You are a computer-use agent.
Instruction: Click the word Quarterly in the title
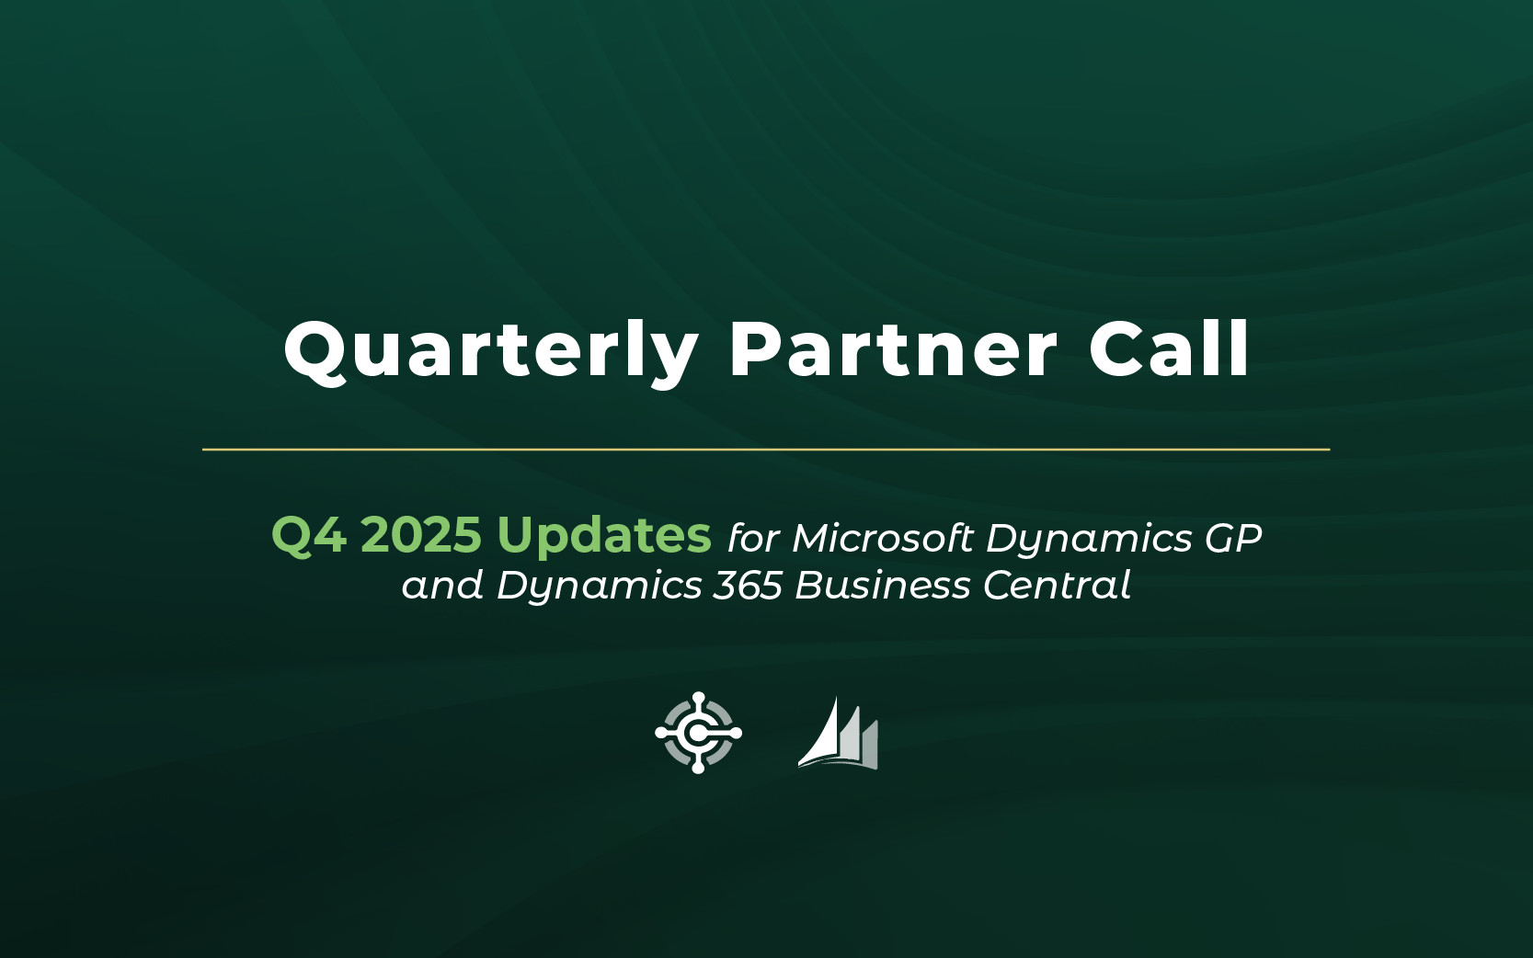[491, 352]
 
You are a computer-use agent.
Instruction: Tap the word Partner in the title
[894, 349]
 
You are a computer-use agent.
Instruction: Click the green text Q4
[309, 535]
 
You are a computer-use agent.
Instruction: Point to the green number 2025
[421, 534]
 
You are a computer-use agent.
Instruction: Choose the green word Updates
[604, 537]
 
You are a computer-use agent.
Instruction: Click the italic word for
[753, 538]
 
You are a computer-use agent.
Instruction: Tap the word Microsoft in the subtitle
[883, 538]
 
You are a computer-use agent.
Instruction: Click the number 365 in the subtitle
[748, 586]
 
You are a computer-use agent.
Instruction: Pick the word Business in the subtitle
[883, 586]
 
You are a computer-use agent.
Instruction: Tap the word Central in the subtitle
[1057, 586]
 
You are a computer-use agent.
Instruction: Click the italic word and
[442, 586]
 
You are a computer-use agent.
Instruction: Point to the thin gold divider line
[766, 450]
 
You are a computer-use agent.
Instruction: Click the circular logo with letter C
[698, 733]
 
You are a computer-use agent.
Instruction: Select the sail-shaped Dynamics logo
[839, 734]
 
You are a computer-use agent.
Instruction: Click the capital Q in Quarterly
[317, 352]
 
